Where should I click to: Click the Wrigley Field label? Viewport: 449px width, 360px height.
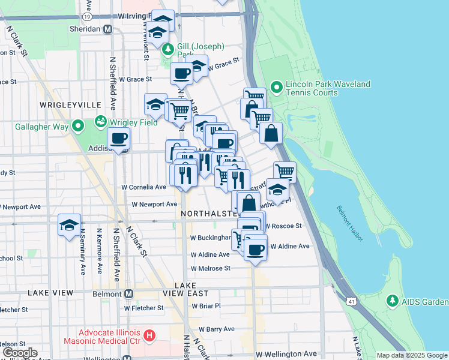click(133, 122)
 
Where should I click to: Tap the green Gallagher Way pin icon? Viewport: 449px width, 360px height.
click(77, 126)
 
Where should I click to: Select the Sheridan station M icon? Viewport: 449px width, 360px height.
click(107, 29)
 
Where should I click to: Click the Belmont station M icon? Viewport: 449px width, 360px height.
click(128, 294)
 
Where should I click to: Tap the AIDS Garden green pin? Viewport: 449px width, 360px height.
click(392, 300)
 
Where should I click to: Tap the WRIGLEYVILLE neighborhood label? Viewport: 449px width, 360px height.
click(70, 105)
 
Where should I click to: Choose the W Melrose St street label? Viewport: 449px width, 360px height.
click(210, 268)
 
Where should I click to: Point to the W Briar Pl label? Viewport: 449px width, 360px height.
click(206, 305)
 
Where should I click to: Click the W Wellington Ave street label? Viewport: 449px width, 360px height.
click(286, 355)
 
